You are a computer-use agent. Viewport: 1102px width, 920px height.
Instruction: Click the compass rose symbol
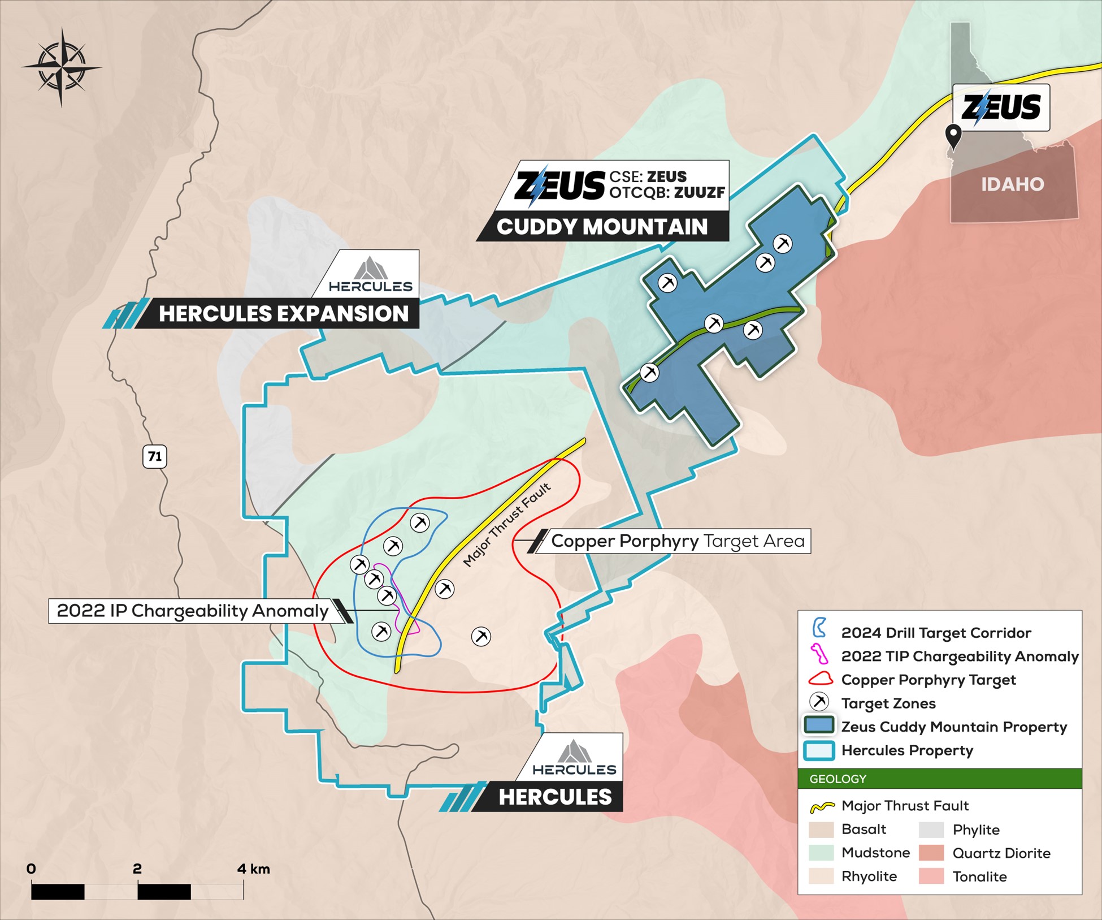pos(62,67)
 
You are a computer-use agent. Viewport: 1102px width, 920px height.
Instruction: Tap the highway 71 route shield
pos(155,456)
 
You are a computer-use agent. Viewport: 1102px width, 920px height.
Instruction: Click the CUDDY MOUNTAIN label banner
pos(602,227)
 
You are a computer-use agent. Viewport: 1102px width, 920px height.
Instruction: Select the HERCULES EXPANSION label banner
pos(283,314)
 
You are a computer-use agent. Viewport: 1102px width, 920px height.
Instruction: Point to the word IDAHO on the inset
pos(1012,184)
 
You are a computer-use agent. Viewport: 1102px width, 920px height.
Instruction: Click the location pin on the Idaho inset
pos(954,136)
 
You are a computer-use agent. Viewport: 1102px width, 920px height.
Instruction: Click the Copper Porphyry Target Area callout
pos(677,541)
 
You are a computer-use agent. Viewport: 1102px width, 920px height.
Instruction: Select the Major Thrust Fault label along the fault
pos(506,525)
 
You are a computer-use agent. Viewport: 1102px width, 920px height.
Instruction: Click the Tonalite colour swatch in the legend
pos(931,876)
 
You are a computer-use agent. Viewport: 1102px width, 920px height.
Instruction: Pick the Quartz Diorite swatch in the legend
pos(931,853)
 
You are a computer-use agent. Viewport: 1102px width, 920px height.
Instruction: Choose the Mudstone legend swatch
pos(821,853)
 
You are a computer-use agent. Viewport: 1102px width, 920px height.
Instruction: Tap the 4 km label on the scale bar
pos(253,869)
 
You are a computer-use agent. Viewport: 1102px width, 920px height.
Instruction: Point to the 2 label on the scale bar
pos(137,869)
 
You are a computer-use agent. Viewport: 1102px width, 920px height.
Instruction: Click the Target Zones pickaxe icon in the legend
pos(819,702)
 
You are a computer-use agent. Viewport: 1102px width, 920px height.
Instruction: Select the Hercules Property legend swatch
pos(819,750)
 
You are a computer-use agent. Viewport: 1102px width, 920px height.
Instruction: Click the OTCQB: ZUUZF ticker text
pos(667,193)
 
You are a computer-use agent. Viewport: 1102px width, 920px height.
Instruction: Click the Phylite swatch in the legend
pos(931,830)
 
